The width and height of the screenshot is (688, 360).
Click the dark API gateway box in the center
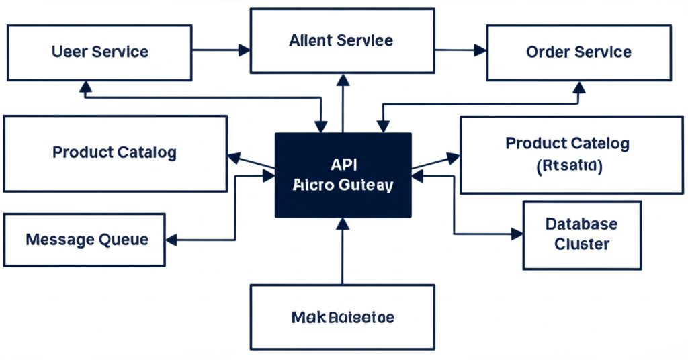[343, 175]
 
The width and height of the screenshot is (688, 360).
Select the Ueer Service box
[100, 52]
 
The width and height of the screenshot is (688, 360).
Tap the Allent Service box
[341, 40]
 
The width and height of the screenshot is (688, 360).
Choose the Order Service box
[578, 52]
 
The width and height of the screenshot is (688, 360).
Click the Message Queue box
[84, 240]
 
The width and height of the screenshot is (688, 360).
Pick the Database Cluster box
[582, 234]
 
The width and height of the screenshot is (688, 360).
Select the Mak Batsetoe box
[343, 317]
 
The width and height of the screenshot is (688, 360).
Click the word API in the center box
[343, 163]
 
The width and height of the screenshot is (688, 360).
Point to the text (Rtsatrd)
[570, 166]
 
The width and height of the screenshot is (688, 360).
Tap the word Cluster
[582, 244]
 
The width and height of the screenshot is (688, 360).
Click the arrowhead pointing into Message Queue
[171, 240]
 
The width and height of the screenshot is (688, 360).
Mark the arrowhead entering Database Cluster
[517, 234]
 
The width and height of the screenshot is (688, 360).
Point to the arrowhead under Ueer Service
[85, 85]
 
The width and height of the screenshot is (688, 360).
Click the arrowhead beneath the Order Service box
[578, 87]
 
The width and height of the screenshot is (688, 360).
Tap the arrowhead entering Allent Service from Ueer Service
[244, 50]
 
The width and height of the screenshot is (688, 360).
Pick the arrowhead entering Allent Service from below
[343, 80]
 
